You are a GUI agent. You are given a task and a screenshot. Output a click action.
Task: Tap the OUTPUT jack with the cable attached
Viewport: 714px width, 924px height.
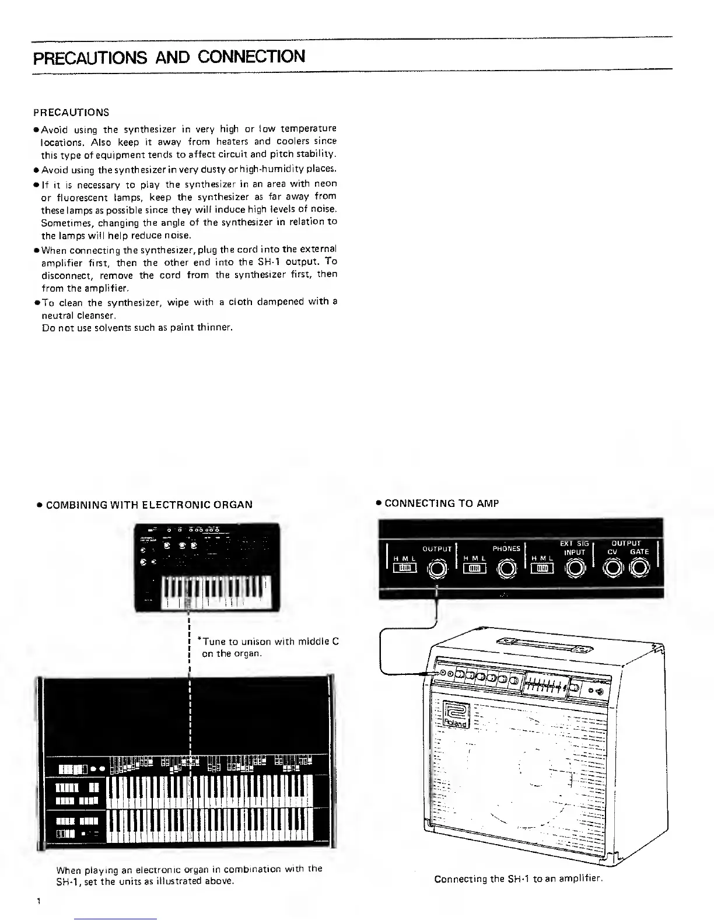[x=437, y=569]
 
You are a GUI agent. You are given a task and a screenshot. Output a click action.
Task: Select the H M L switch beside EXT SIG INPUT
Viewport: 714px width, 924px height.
[x=542, y=569]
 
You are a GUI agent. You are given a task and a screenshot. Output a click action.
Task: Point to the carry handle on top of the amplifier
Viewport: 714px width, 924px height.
[x=543, y=644]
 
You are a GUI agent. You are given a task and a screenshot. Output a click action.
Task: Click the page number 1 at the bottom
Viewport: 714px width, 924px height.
[x=38, y=901]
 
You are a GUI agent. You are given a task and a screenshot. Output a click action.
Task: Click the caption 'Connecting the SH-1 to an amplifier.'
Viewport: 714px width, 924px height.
[x=518, y=878]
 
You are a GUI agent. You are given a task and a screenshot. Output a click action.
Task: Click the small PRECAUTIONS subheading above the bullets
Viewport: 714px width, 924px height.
[x=71, y=112]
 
